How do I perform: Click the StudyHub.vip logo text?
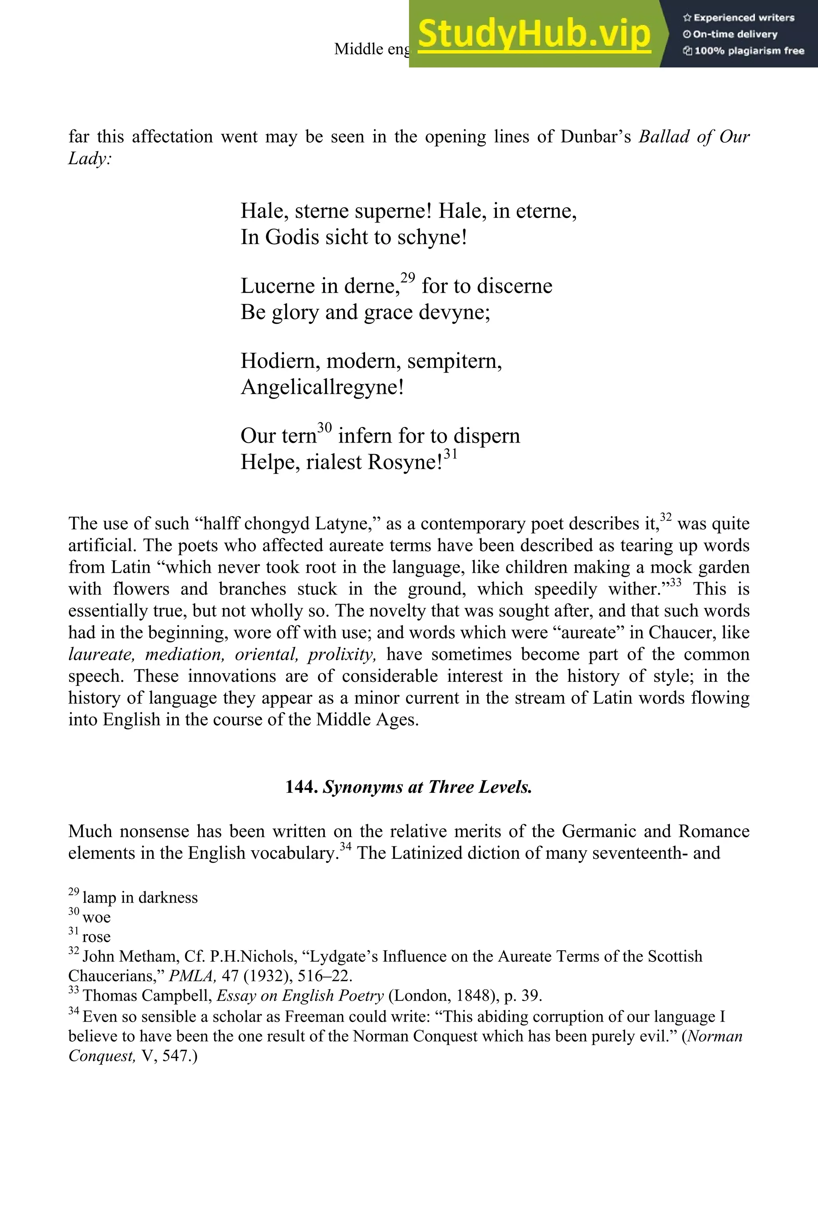[x=534, y=34]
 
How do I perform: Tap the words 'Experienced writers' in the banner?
[x=743, y=18]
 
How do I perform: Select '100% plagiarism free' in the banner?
[x=749, y=51]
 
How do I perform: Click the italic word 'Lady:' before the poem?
[x=90, y=158]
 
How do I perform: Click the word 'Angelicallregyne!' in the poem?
[x=322, y=387]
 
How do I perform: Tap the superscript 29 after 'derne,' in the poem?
[x=407, y=277]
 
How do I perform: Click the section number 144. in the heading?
[x=302, y=787]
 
